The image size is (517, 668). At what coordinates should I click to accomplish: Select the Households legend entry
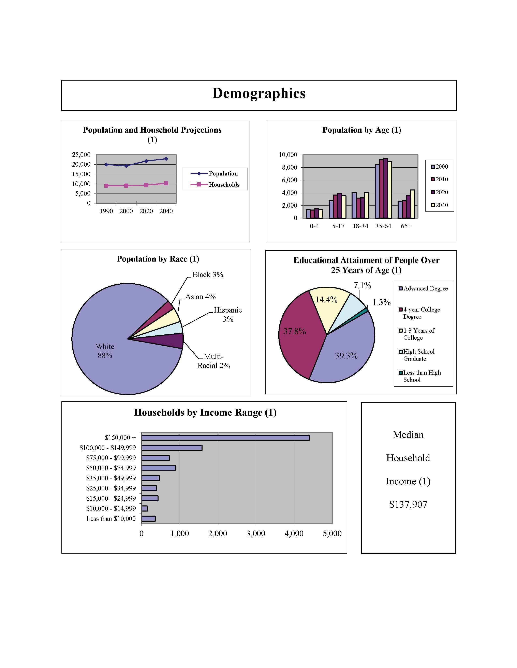tap(224, 184)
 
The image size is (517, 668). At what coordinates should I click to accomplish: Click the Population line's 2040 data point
tap(166, 159)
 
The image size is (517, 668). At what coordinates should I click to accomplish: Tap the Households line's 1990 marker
tap(106, 186)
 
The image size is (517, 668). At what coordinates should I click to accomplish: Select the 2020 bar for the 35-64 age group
tap(385, 188)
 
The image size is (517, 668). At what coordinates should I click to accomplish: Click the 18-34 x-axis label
tap(360, 226)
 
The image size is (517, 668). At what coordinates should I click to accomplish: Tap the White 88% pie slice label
tap(105, 351)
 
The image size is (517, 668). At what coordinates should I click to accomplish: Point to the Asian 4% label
tap(200, 297)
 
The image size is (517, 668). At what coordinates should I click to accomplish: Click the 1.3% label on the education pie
tap(381, 302)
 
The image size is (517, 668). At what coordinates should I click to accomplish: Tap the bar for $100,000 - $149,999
tap(172, 448)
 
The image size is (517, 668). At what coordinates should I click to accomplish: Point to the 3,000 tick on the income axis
tap(256, 533)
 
